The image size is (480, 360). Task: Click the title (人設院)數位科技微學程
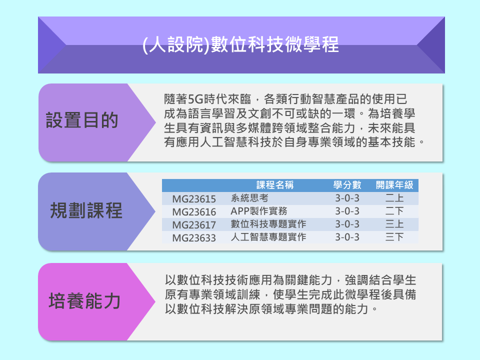click(240, 44)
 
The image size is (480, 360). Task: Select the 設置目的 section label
click(82, 120)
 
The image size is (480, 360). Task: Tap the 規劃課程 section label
click(86, 210)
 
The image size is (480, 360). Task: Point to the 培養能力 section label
click(84, 301)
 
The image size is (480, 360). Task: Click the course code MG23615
click(194, 199)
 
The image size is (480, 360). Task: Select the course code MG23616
click(194, 212)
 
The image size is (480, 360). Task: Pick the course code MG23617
click(194, 225)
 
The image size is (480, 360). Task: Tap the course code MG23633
click(194, 238)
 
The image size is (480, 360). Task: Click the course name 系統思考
click(249, 198)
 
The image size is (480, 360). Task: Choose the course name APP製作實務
click(259, 211)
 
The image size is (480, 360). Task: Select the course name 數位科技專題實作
click(268, 224)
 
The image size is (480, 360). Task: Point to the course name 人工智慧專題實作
click(268, 237)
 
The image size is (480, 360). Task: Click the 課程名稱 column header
click(275, 185)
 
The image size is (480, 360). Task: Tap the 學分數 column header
click(347, 185)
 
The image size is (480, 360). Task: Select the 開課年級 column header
click(394, 185)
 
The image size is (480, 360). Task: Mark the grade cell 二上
click(394, 198)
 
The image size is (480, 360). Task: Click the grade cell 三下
click(394, 237)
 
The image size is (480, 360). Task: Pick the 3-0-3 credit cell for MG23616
click(347, 211)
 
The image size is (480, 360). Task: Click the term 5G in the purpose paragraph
click(195, 99)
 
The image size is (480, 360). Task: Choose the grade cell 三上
click(394, 224)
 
